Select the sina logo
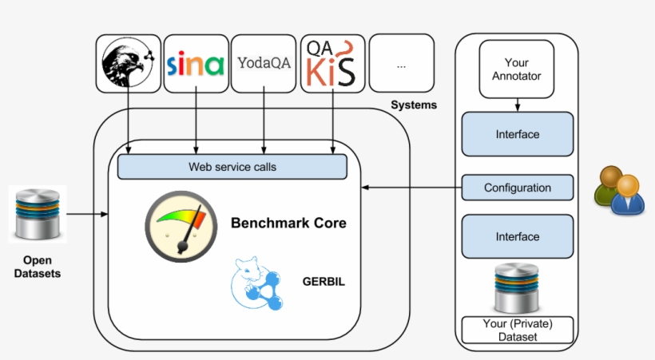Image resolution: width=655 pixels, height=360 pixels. click(x=196, y=64)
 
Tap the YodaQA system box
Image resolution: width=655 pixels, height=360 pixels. click(x=264, y=63)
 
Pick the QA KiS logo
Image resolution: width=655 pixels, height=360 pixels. click(x=332, y=64)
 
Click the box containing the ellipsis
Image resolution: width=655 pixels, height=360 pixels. click(x=401, y=64)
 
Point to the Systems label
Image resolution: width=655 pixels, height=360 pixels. click(x=414, y=105)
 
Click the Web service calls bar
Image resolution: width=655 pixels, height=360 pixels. click(x=232, y=167)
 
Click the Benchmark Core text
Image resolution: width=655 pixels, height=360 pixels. click(x=288, y=224)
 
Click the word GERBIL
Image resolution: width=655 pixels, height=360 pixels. click(x=323, y=282)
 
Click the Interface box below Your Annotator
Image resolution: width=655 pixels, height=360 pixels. click(x=517, y=134)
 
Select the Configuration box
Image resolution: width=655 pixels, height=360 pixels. click(x=517, y=188)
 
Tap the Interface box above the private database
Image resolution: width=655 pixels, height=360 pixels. click(x=517, y=236)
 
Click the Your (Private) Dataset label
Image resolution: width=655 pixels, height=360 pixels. click(x=517, y=330)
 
